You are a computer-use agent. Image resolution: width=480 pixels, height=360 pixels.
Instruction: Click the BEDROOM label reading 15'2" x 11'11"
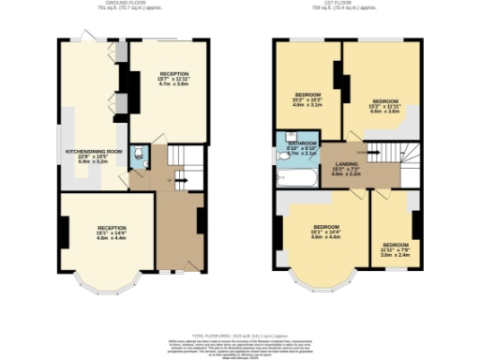[385, 105]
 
